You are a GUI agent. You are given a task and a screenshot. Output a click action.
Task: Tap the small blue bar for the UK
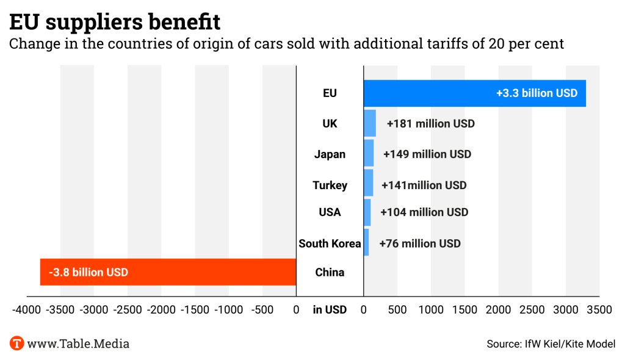point(370,123)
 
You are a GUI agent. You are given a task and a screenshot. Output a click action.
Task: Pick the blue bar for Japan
point(369,153)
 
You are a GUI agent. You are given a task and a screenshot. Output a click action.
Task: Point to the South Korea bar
point(366,242)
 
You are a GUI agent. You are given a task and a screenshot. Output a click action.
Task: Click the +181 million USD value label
point(431,124)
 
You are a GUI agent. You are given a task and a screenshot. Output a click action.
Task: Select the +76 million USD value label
point(420,243)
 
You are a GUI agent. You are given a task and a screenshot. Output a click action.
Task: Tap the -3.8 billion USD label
point(89,272)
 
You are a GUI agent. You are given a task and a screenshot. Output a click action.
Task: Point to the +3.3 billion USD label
point(536,93)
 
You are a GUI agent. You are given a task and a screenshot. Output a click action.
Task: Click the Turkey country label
point(330,185)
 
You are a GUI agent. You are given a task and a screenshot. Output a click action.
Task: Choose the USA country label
point(330,212)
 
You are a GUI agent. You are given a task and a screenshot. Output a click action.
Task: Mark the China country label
point(330,272)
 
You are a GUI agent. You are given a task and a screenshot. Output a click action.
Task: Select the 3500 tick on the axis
point(599,309)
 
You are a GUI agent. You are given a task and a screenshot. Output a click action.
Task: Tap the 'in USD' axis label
point(330,309)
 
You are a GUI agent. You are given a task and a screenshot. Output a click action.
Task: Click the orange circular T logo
point(17,344)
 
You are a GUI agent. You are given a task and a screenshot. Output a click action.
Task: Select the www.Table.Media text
point(78,344)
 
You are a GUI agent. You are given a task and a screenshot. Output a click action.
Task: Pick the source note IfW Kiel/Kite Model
point(551,344)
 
